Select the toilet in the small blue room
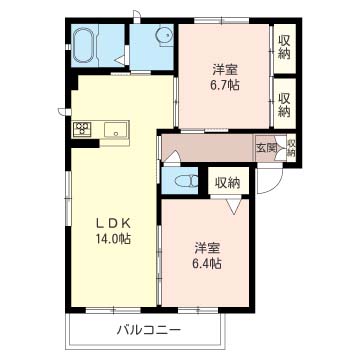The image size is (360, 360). [x=186, y=181]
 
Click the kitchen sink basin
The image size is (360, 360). [x=116, y=129]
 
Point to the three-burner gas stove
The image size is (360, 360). [x=82, y=129]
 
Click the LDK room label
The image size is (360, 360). [x=113, y=224]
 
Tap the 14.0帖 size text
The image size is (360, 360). [x=113, y=239]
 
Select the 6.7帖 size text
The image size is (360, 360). [x=225, y=86]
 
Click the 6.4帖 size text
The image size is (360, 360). [x=207, y=264]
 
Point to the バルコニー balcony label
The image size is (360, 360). [x=149, y=331]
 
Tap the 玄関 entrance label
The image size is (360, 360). [x=266, y=148]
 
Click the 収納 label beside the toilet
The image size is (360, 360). [x=228, y=183]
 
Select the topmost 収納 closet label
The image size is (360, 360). [x=284, y=48]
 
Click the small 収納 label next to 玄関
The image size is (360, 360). [x=292, y=148]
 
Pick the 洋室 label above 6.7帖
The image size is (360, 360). [x=225, y=71]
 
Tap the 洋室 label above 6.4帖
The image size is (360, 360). [x=207, y=249]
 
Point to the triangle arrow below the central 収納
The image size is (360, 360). [x=235, y=206]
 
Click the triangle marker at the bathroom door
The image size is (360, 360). [x=120, y=60]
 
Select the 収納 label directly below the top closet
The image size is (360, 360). [x=284, y=104]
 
